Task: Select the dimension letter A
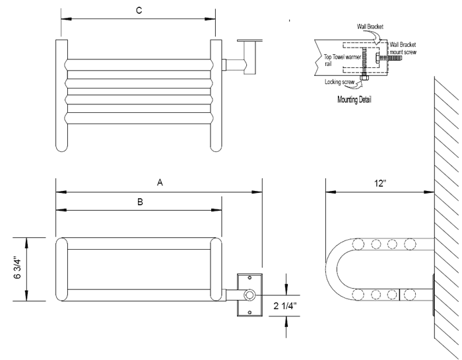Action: [159, 184]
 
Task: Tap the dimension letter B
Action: [140, 202]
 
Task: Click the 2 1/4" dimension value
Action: [284, 305]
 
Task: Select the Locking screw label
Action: [341, 83]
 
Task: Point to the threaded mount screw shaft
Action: [392, 58]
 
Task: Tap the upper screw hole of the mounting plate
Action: [249, 279]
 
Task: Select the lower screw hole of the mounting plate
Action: [249, 310]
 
